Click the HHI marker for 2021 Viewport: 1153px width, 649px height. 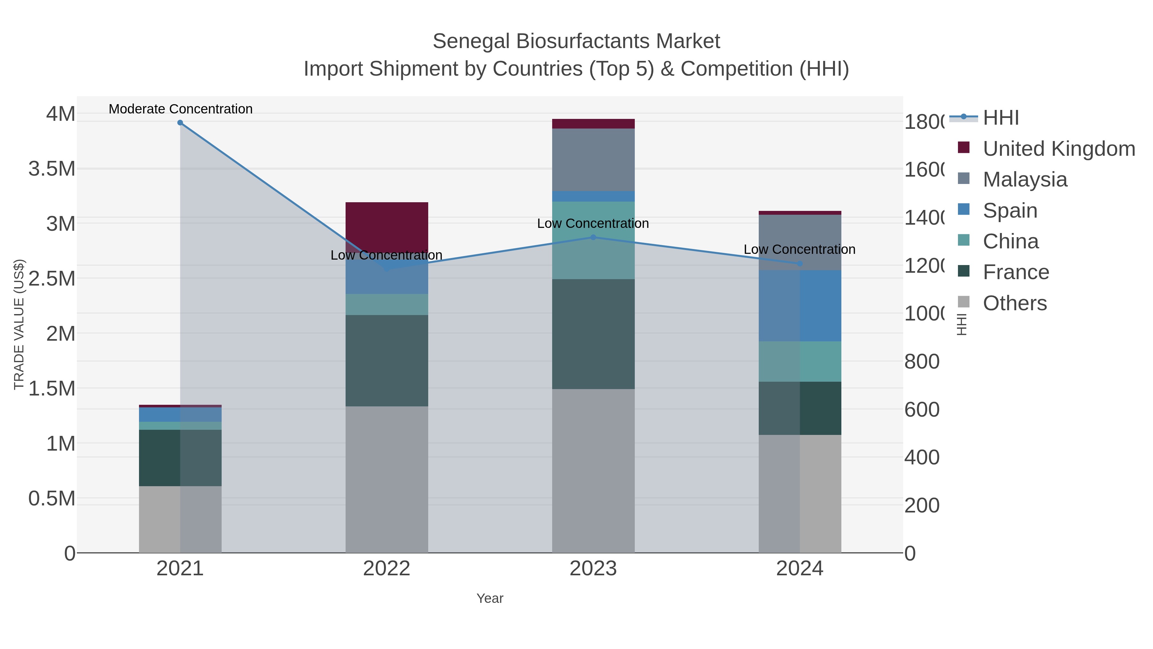click(180, 122)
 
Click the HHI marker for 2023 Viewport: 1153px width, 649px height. click(593, 237)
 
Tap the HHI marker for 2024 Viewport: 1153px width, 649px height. click(800, 264)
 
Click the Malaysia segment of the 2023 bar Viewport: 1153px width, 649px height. click(593, 160)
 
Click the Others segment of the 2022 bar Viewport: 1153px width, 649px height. click(387, 479)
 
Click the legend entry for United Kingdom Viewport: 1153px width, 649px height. click(1058, 149)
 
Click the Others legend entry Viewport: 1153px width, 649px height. click(1014, 303)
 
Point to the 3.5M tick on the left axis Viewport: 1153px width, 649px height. click(52, 169)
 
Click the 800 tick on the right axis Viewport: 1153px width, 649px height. click(921, 362)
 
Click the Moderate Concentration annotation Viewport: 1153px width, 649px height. click(180, 109)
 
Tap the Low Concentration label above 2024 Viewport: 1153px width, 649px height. click(799, 249)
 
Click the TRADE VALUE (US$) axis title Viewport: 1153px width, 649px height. click(19, 324)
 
